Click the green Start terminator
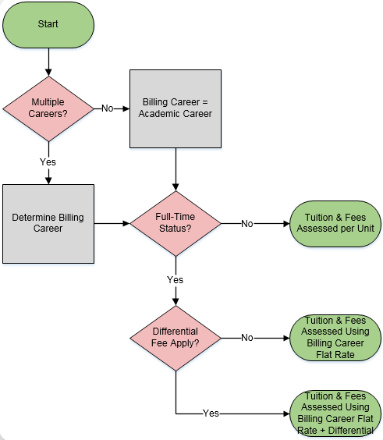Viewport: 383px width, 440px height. pos(48,24)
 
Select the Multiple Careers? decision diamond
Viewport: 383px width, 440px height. pos(48,108)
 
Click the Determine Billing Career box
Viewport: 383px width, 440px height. pos(48,222)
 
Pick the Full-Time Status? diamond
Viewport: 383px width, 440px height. pos(176,223)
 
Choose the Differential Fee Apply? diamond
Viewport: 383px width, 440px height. pos(176,338)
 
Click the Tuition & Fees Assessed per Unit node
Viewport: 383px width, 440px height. pos(336,223)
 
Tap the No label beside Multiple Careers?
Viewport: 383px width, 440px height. pos(108,108)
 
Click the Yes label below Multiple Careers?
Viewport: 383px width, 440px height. pos(48,161)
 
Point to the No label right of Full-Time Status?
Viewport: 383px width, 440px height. pos(246,223)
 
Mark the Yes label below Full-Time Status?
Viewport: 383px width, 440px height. pos(176,279)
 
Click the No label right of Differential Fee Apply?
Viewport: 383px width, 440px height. pos(246,338)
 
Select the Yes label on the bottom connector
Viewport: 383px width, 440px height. pos(211,413)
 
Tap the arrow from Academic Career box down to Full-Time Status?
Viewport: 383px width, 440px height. pos(176,168)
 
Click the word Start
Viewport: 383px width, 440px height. pos(48,24)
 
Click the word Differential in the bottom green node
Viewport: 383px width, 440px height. pos(351,430)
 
